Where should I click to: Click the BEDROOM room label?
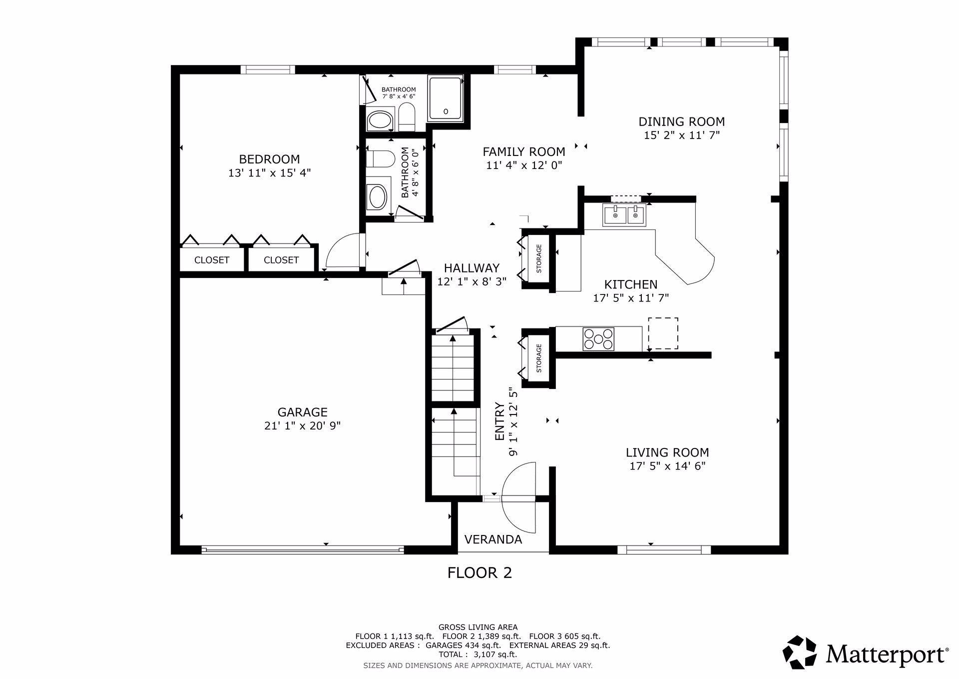pyautogui.click(x=270, y=159)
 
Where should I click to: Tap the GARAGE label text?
pyautogui.click(x=303, y=412)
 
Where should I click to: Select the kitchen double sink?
pyautogui.click(x=624, y=215)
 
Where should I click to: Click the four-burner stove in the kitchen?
pyautogui.click(x=598, y=338)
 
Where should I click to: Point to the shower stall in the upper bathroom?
pyautogui.click(x=446, y=98)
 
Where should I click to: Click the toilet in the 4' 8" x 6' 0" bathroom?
pyautogui.click(x=377, y=158)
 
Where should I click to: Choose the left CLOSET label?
pyautogui.click(x=212, y=260)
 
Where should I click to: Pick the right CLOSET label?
pyautogui.click(x=281, y=260)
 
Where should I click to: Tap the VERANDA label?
pyautogui.click(x=493, y=539)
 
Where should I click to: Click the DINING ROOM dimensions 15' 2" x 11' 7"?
pyautogui.click(x=682, y=135)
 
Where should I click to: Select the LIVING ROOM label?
pyautogui.click(x=667, y=452)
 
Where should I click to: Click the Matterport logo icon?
pyautogui.click(x=800, y=652)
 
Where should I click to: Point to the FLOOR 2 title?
pyautogui.click(x=479, y=572)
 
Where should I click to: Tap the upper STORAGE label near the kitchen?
pyautogui.click(x=539, y=258)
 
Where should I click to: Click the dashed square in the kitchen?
pyautogui.click(x=663, y=333)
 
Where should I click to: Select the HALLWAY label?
pyautogui.click(x=472, y=268)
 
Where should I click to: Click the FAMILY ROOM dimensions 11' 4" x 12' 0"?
pyautogui.click(x=524, y=165)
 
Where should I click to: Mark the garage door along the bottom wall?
pyautogui.click(x=303, y=550)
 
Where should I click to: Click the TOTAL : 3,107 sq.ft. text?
pyautogui.click(x=478, y=654)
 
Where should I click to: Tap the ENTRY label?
pyautogui.click(x=499, y=421)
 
